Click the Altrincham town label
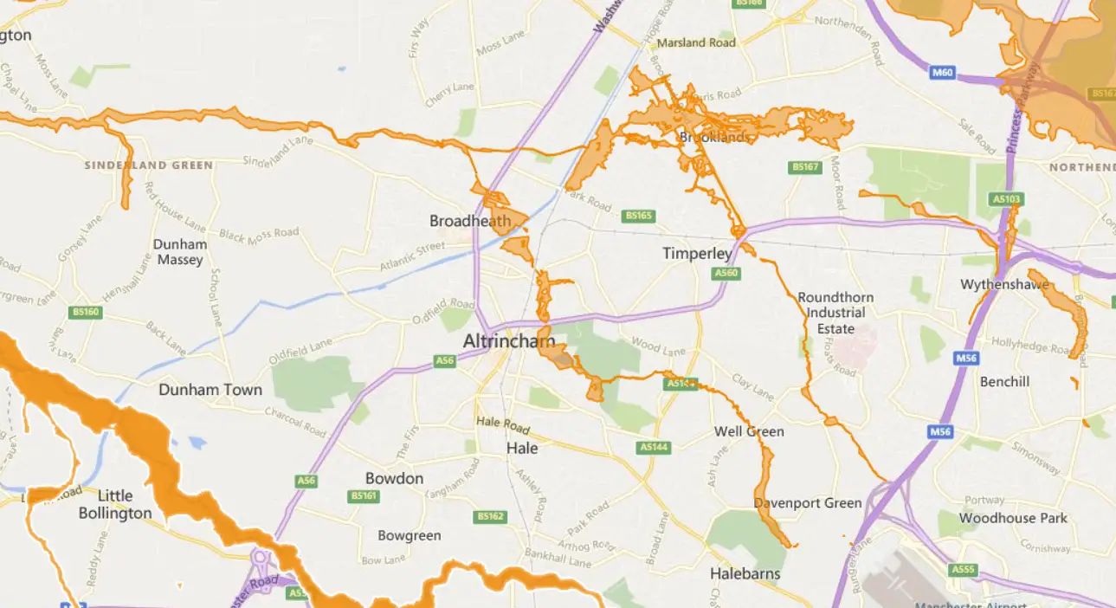(x=508, y=341)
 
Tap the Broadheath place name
(x=470, y=221)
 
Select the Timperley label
(x=697, y=254)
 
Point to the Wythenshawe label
(x=1004, y=285)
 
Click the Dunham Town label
(x=210, y=390)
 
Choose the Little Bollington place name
(x=115, y=504)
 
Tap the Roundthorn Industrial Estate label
(x=835, y=313)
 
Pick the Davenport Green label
(x=808, y=503)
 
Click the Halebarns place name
(x=745, y=573)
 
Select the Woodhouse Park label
(x=1013, y=518)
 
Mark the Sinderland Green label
(x=148, y=165)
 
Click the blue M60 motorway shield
(x=942, y=73)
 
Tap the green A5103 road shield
(x=1007, y=199)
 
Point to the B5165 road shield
(x=639, y=215)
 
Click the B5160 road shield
(x=87, y=312)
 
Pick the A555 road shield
(x=963, y=569)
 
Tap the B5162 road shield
(x=489, y=517)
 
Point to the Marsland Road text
(x=696, y=42)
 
